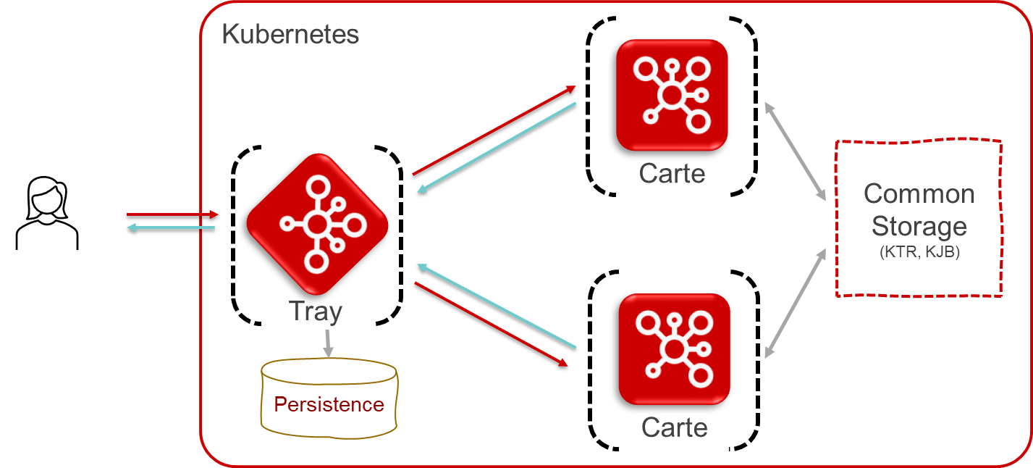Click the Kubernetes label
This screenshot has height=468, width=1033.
290,34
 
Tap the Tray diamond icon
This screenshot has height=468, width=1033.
316,224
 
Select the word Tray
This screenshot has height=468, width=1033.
316,312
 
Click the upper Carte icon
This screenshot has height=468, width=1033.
672,95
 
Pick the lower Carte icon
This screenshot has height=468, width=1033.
674,349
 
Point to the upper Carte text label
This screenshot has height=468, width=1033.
672,174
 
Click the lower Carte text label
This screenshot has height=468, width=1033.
674,427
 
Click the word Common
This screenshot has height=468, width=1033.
919,194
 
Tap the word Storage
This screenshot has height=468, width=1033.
919,226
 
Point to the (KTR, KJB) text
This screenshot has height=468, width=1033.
919,253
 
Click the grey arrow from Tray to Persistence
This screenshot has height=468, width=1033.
329,343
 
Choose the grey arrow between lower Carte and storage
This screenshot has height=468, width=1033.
796,304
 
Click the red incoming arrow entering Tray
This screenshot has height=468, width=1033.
172,214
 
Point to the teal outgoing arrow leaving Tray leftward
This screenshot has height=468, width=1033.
171,229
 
